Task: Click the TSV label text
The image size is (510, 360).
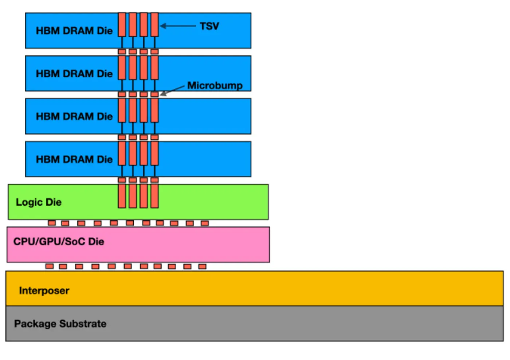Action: (x=209, y=26)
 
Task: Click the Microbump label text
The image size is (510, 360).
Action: (x=215, y=86)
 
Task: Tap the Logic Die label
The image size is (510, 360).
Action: (x=39, y=202)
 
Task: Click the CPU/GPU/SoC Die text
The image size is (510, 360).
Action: (x=59, y=242)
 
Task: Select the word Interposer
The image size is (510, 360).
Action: (x=44, y=290)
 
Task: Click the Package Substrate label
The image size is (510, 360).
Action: (x=60, y=324)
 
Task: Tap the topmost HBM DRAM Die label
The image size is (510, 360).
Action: (x=74, y=31)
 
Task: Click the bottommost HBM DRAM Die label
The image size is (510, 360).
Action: (x=74, y=159)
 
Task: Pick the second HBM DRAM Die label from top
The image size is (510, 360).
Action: (x=74, y=74)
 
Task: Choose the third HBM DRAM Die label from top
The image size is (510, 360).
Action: (x=74, y=116)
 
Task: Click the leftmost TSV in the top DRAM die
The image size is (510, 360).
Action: (x=122, y=25)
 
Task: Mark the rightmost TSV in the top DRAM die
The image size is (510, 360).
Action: (x=154, y=25)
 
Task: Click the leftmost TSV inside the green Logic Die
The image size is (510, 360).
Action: (x=122, y=196)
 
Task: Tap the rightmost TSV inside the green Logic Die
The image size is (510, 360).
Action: (x=154, y=196)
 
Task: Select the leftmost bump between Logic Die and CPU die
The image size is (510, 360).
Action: (x=52, y=223)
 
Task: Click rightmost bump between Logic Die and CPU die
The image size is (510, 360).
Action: (x=205, y=223)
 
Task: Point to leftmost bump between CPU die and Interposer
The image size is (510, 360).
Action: (x=49, y=266)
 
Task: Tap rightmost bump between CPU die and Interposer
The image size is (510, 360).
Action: (x=202, y=266)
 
